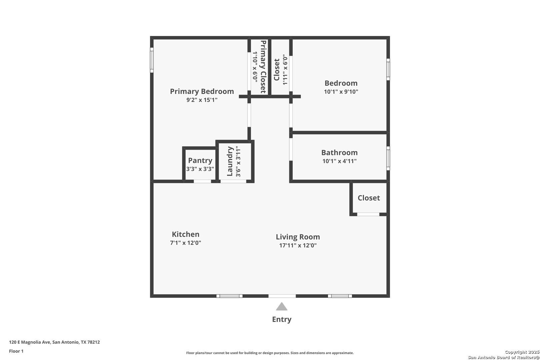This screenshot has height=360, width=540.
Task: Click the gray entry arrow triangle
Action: tap(282, 306)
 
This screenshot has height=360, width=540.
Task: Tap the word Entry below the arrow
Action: tap(282, 319)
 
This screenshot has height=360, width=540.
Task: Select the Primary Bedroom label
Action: tap(202, 91)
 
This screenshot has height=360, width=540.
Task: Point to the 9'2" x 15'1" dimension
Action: tap(202, 100)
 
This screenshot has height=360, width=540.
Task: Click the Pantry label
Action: tap(200, 160)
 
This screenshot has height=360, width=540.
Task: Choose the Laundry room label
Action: tap(230, 161)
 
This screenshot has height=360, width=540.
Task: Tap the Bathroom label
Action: tap(339, 152)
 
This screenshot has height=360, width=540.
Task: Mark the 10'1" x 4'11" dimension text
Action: tap(339, 161)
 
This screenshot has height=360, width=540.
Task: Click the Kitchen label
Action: tap(186, 234)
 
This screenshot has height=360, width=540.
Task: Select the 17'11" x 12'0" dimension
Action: tap(298, 245)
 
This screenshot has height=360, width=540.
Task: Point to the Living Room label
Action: tap(298, 237)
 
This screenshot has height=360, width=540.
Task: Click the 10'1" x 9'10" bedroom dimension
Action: tap(341, 92)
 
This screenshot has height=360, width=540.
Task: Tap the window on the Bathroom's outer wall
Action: tap(388, 158)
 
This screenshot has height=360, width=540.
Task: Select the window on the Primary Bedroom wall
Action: tap(152, 60)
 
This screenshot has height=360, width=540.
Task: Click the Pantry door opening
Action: tap(203, 181)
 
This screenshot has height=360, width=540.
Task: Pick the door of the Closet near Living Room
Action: tap(368, 214)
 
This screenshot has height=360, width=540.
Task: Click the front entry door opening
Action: tap(282, 296)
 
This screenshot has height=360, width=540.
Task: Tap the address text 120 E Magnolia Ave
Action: tap(30, 342)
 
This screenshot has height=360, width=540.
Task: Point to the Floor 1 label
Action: tap(16, 351)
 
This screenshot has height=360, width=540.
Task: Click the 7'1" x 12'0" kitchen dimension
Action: tap(186, 243)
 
